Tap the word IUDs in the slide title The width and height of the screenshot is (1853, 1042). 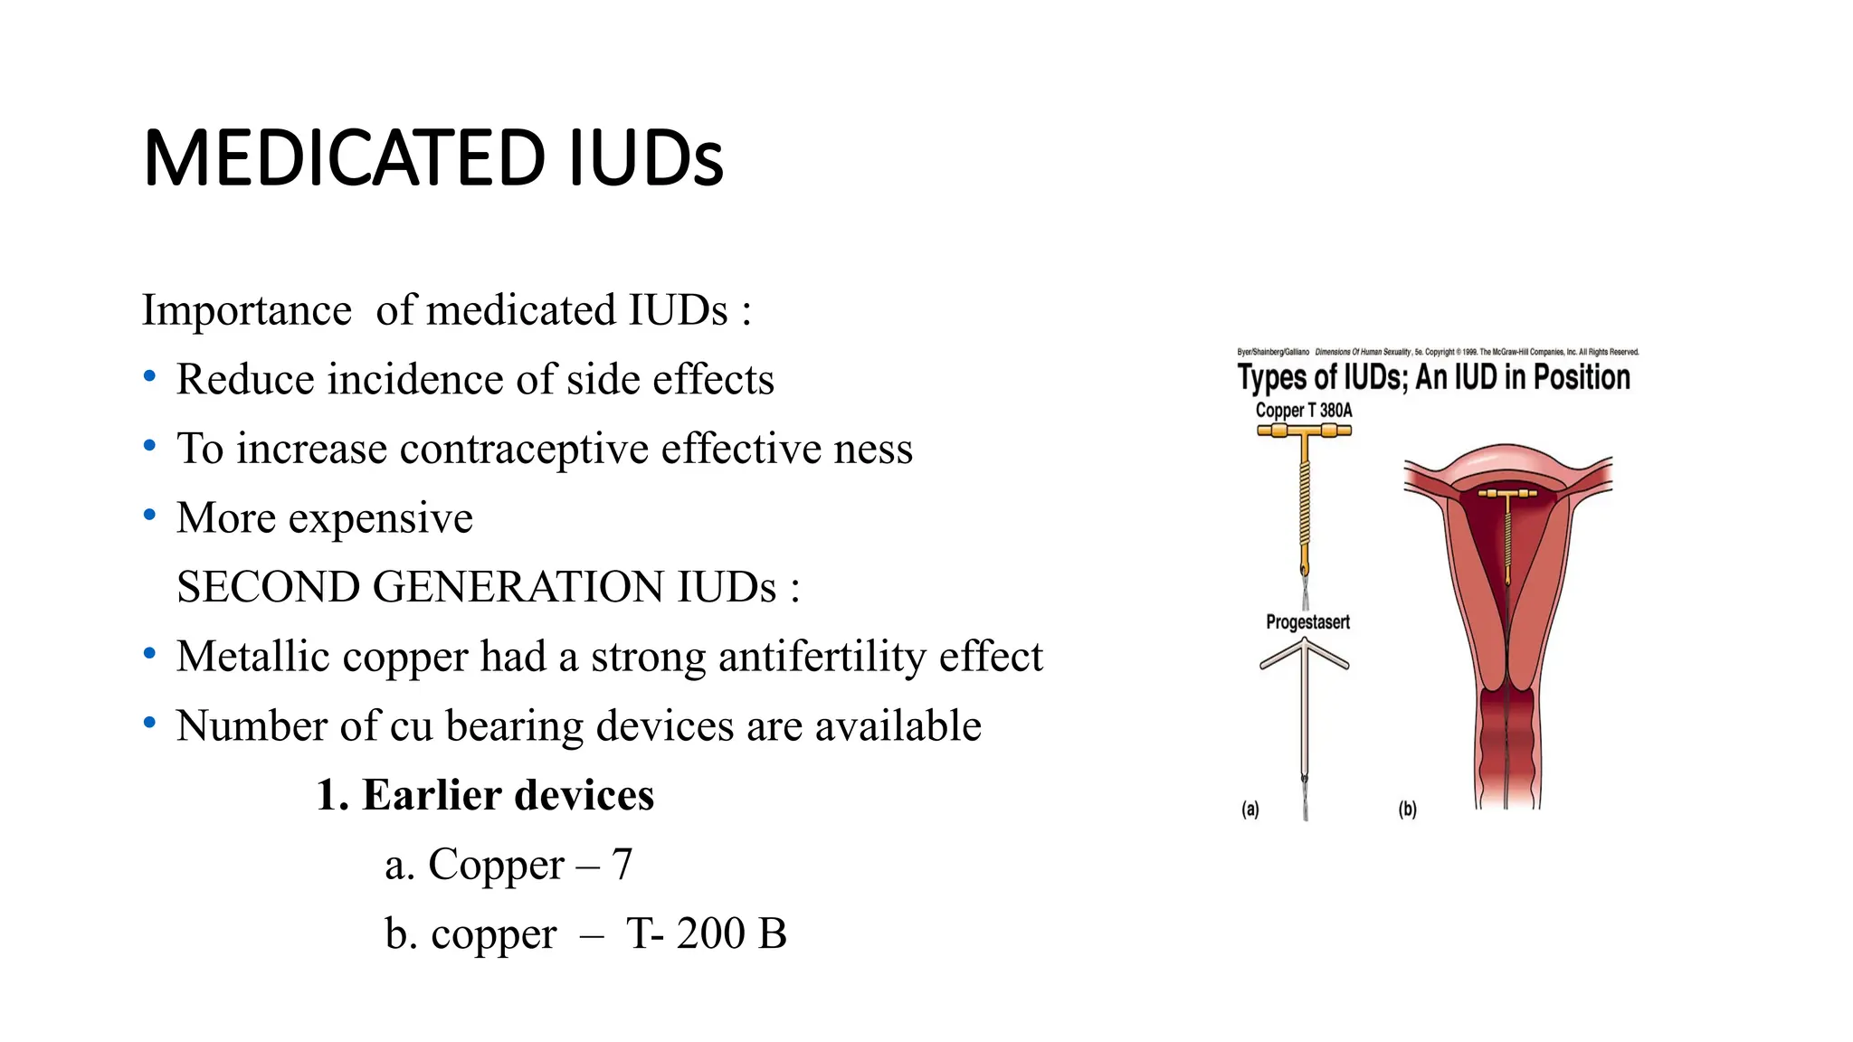[x=646, y=159]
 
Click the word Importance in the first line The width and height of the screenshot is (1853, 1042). [x=246, y=310]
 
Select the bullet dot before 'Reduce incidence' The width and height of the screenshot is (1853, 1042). [x=150, y=375]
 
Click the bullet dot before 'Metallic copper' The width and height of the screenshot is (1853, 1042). [x=150, y=653]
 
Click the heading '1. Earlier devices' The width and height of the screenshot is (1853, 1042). [x=485, y=795]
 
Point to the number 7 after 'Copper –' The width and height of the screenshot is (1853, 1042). [x=622, y=865]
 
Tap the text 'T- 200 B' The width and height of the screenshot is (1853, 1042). [x=707, y=933]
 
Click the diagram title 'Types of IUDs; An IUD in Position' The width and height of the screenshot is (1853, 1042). [x=1433, y=377]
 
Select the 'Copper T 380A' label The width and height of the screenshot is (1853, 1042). [x=1303, y=411]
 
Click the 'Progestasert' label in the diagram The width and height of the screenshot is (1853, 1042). [x=1307, y=622]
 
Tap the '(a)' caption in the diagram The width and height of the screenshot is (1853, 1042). [x=1250, y=810]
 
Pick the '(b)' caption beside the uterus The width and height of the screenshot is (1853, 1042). [x=1408, y=810]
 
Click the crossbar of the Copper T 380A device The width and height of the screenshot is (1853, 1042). [x=1304, y=431]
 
